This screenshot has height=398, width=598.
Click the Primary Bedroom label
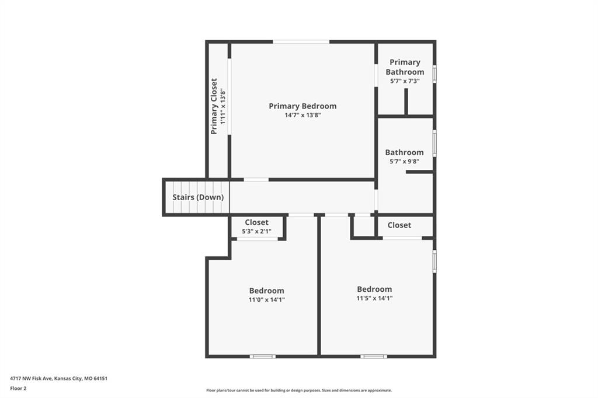pos(303,106)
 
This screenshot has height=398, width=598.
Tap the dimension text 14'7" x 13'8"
pos(303,115)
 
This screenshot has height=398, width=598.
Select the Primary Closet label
pos(214,106)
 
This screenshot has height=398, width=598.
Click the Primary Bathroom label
pos(405,67)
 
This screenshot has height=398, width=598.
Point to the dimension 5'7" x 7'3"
pos(405,81)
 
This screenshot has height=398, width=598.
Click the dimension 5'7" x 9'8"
pos(404,162)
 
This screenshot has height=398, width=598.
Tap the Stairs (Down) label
pos(198,197)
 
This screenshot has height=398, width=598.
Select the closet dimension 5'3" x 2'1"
pos(257,232)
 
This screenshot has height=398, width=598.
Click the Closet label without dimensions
pos(399,225)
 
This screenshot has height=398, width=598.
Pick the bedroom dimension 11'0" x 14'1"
pos(266,299)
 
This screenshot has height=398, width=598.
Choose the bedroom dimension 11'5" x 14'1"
pos(374,299)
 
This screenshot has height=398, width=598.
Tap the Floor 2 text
pos(18,389)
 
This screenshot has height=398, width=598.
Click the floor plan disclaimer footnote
pos(299,390)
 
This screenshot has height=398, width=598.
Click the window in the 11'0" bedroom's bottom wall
pos(263,357)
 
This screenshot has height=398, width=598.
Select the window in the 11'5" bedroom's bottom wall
pos(374,357)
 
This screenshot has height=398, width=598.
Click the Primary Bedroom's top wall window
pos(301,41)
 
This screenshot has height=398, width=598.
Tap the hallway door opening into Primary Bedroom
pos(256,180)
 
